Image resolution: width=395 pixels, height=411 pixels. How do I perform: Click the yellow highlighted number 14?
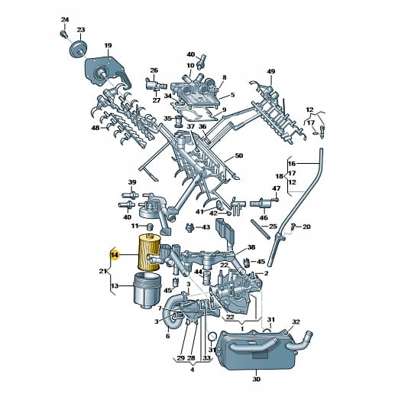pyautogui.click(x=115, y=255)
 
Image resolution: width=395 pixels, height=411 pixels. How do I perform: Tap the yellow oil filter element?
pyautogui.click(x=148, y=252)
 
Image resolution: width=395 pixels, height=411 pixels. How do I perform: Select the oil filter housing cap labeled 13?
pyautogui.click(x=147, y=289)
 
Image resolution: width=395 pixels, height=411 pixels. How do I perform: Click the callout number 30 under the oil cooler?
pyautogui.click(x=257, y=379)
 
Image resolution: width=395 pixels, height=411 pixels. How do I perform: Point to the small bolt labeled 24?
pyautogui.click(x=63, y=34)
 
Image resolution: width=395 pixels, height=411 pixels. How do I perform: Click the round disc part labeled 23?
pyautogui.click(x=79, y=49)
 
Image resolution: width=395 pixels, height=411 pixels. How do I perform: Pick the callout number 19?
pyautogui.click(x=108, y=45)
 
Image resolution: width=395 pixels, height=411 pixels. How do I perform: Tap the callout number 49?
pyautogui.click(x=271, y=71)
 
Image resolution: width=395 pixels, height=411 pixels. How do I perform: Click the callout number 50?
pyautogui.click(x=239, y=155)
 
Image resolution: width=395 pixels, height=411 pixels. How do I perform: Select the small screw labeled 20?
pyautogui.click(x=293, y=226)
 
